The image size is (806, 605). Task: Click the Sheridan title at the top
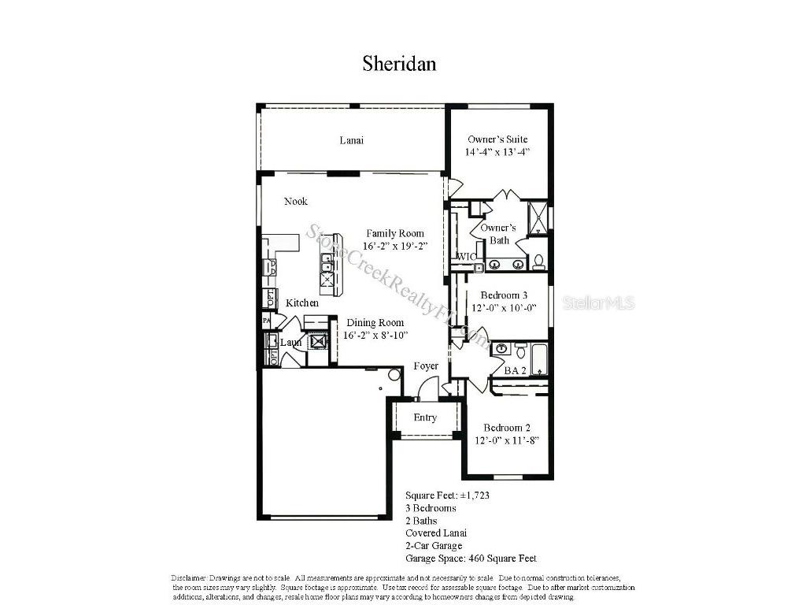pyautogui.click(x=399, y=63)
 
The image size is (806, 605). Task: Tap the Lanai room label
pyautogui.click(x=351, y=140)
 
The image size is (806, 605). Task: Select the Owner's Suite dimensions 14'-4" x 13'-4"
pyautogui.click(x=497, y=152)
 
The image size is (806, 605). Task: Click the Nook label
pyautogui.click(x=296, y=202)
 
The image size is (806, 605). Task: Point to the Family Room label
pyautogui.click(x=395, y=233)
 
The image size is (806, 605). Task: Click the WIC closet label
pyautogui.click(x=464, y=257)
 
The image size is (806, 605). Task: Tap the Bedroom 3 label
pyautogui.click(x=504, y=295)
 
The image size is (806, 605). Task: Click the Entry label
pyautogui.click(x=425, y=418)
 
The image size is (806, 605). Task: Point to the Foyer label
pyautogui.click(x=426, y=366)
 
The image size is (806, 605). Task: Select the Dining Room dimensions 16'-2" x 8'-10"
pyautogui.click(x=375, y=336)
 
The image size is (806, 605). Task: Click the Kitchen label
pyautogui.click(x=302, y=303)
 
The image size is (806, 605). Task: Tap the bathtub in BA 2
pyautogui.click(x=539, y=359)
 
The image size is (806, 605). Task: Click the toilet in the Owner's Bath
pyautogui.click(x=539, y=261)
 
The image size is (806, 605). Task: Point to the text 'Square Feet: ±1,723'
pyautogui.click(x=448, y=496)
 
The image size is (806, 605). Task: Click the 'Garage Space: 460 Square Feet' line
pyautogui.click(x=471, y=559)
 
